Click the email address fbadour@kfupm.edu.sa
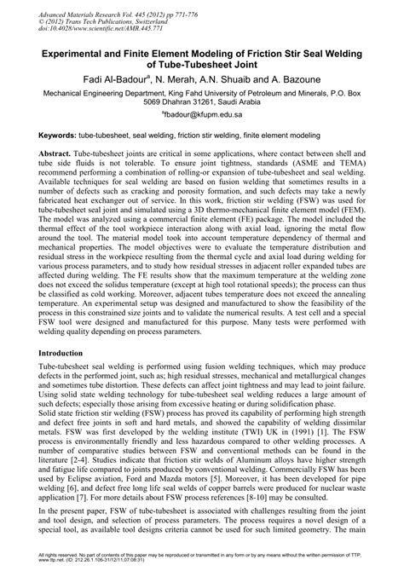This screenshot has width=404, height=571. tap(202, 120)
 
